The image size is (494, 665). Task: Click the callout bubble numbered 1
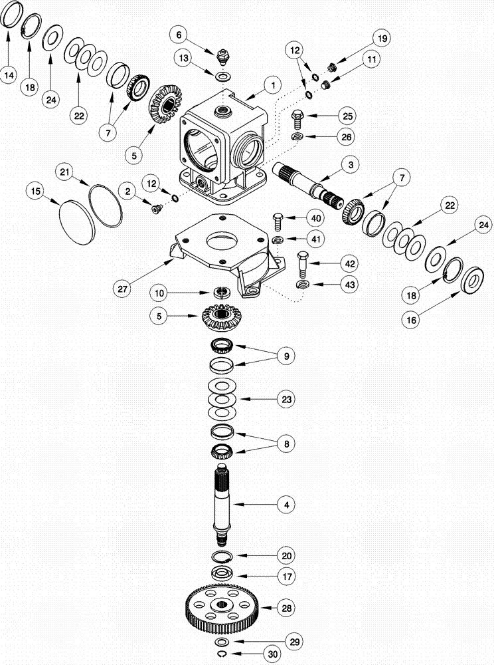click(271, 84)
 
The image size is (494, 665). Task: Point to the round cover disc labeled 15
click(77, 216)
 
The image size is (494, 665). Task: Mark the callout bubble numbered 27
click(123, 289)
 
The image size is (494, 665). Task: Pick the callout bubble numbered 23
click(287, 399)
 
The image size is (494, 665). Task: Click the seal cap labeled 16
click(474, 280)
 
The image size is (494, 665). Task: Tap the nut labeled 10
click(221, 291)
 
